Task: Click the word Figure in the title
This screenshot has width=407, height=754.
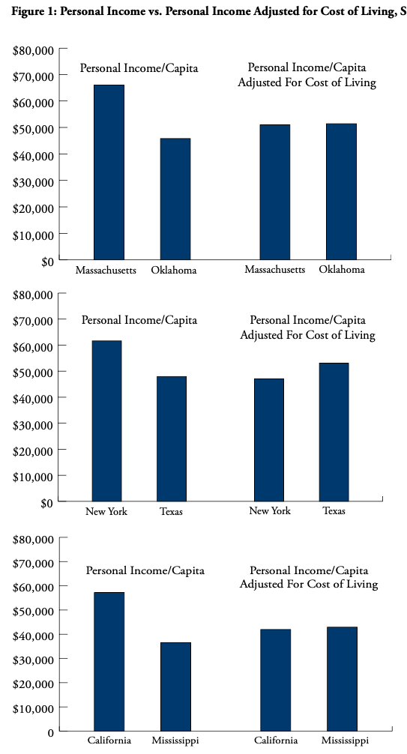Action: click(25, 13)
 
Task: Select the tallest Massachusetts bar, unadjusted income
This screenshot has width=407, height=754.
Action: click(109, 172)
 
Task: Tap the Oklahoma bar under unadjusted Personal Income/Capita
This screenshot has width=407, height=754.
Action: click(175, 199)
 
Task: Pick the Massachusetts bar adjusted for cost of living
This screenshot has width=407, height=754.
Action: click(274, 193)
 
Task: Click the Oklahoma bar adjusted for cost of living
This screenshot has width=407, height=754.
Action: click(341, 192)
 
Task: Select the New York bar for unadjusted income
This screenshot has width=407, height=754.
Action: click(106, 420)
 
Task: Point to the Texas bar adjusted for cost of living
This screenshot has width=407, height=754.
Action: click(334, 432)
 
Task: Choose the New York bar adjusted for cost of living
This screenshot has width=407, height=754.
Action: click(269, 440)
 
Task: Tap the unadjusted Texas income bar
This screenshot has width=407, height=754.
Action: click(172, 438)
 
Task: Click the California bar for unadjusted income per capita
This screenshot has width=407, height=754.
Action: click(109, 662)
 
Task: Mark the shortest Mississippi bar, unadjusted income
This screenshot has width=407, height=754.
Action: click(175, 687)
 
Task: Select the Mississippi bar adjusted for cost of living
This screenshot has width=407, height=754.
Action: click(342, 679)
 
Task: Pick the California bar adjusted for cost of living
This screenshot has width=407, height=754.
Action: click(276, 680)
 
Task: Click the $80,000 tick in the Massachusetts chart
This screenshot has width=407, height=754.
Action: click(63, 49)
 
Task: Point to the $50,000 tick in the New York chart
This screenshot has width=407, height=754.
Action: click(62, 371)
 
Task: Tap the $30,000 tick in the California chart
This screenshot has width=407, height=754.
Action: click(63, 658)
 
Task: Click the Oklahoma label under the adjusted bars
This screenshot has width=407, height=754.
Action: click(342, 269)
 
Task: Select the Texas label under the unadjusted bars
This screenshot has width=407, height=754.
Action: click(171, 511)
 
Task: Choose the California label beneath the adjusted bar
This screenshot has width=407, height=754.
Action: click(276, 740)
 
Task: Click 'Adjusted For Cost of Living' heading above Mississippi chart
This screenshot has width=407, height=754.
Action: click(308, 585)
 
